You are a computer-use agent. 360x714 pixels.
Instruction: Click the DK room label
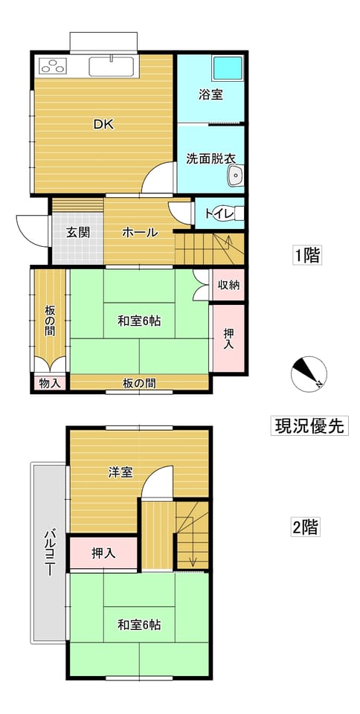[103, 124]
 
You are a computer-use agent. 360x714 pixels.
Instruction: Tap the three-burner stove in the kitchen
[54, 66]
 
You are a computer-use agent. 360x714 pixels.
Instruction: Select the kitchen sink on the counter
[112, 66]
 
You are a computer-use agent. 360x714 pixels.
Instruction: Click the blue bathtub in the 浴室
[228, 68]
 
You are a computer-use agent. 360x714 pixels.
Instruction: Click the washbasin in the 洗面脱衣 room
[235, 176]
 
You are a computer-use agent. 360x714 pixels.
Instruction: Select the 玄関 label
[78, 232]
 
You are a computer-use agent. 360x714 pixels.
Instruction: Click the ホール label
[140, 233]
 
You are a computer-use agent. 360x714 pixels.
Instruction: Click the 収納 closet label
[228, 286]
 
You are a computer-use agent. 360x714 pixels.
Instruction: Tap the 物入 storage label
[50, 383]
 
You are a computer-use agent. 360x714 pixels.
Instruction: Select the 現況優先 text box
[309, 425]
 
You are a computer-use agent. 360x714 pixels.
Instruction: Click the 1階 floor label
[306, 255]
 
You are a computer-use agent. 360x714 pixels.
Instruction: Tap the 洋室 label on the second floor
[120, 473]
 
